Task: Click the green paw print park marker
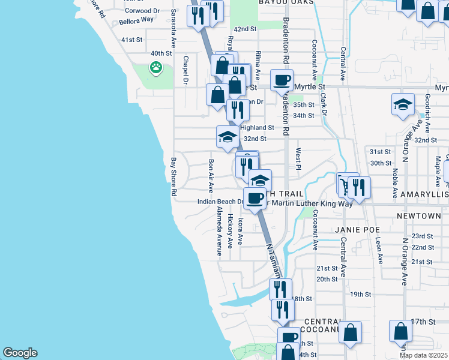pos(156,67)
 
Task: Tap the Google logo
pos(20,353)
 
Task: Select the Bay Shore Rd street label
pos(173,177)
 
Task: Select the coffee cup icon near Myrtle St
pos(282,80)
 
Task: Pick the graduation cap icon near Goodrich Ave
pos(403,104)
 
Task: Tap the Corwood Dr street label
pos(142,11)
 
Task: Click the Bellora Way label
pos(136,20)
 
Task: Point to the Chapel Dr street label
pos(186,70)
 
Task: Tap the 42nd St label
pos(245,29)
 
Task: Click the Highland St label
pos(257,128)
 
